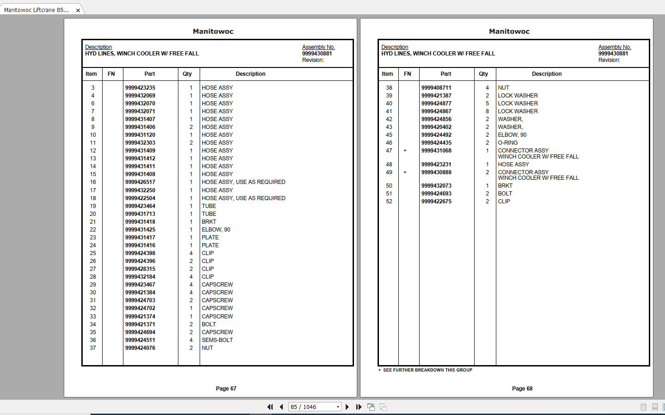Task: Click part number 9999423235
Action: click(x=140, y=88)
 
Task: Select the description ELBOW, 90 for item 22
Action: click(x=216, y=230)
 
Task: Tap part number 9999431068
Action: click(x=436, y=151)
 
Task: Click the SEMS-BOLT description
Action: click(x=217, y=340)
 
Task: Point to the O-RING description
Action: click(x=507, y=143)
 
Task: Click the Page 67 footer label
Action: click(x=226, y=389)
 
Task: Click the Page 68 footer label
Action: click(x=522, y=389)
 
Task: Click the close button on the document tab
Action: click(x=78, y=10)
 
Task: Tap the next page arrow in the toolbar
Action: click(x=347, y=407)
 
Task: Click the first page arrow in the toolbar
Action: click(x=270, y=407)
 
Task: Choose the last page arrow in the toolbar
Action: click(x=359, y=407)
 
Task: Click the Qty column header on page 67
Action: click(x=187, y=74)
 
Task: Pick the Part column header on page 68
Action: click(x=445, y=74)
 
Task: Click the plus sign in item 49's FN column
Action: click(x=405, y=172)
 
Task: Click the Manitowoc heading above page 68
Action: click(x=509, y=31)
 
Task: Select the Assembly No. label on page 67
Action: click(x=318, y=47)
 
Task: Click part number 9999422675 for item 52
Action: click(x=436, y=201)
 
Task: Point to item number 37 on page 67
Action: click(x=93, y=348)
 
